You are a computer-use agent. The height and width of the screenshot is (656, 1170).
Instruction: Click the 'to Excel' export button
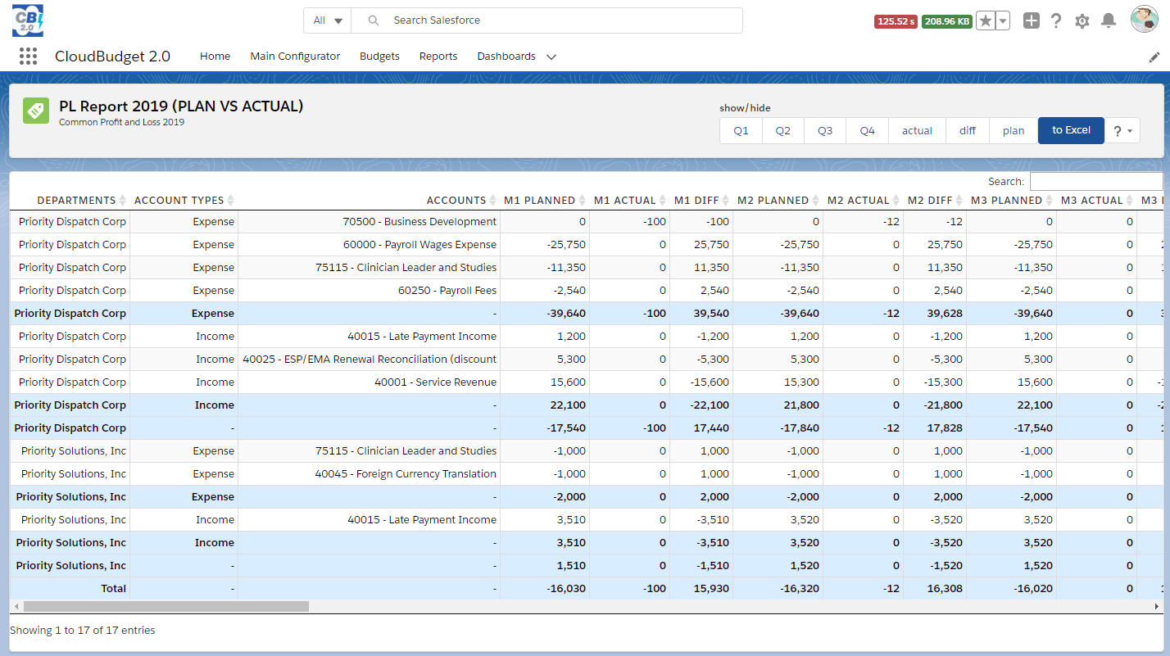pos(1071,130)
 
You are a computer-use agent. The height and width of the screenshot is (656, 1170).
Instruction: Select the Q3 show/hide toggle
pos(825,131)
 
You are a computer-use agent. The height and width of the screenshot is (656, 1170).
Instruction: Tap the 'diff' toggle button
pos(968,131)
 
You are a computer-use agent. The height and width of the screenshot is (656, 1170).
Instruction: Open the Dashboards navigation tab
pos(506,57)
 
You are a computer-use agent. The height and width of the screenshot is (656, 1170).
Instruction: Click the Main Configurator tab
pos(295,57)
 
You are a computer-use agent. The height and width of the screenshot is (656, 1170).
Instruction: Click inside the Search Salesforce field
pos(557,20)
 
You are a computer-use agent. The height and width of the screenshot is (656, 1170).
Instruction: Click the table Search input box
pos(1095,182)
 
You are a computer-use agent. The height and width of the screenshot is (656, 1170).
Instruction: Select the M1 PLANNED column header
pos(539,201)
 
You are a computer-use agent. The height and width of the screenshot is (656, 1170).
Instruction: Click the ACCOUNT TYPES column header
pos(179,201)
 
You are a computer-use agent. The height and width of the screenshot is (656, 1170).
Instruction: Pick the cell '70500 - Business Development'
pos(419,222)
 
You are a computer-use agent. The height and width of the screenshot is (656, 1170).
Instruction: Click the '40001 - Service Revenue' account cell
pos(435,382)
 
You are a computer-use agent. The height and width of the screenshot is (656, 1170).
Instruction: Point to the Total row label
pos(113,589)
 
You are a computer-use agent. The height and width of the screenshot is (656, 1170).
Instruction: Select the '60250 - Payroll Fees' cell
pos(447,291)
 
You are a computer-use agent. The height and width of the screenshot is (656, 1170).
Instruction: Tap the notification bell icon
pos(1108,20)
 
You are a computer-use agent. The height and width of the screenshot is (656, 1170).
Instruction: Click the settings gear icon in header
pos(1082,21)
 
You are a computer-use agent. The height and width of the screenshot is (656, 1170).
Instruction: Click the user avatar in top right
pos(1144,20)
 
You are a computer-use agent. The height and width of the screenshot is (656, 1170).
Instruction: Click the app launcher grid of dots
pos(28,57)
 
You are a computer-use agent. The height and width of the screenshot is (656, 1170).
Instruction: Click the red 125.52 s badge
pos(896,21)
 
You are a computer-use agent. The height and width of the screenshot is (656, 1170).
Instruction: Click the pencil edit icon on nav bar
pos(1154,57)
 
